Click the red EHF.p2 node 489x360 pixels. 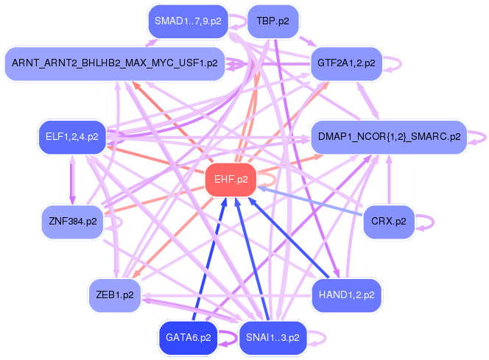tap(231, 179)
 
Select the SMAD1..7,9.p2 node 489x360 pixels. tap(187, 22)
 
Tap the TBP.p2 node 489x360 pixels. tap(272, 22)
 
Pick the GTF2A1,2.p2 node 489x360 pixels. tap(346, 63)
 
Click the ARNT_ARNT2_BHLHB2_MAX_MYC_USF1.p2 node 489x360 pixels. tap(114, 63)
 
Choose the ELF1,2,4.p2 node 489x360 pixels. tap(72, 136)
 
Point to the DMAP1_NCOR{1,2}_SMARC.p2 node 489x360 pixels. tap(390, 136)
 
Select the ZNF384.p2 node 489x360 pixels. tap(71, 222)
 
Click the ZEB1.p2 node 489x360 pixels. tap(114, 295)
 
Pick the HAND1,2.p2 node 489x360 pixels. tap(346, 295)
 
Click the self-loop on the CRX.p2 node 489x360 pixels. tap(429, 222)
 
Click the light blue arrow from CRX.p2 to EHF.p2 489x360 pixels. tap(309, 200)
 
